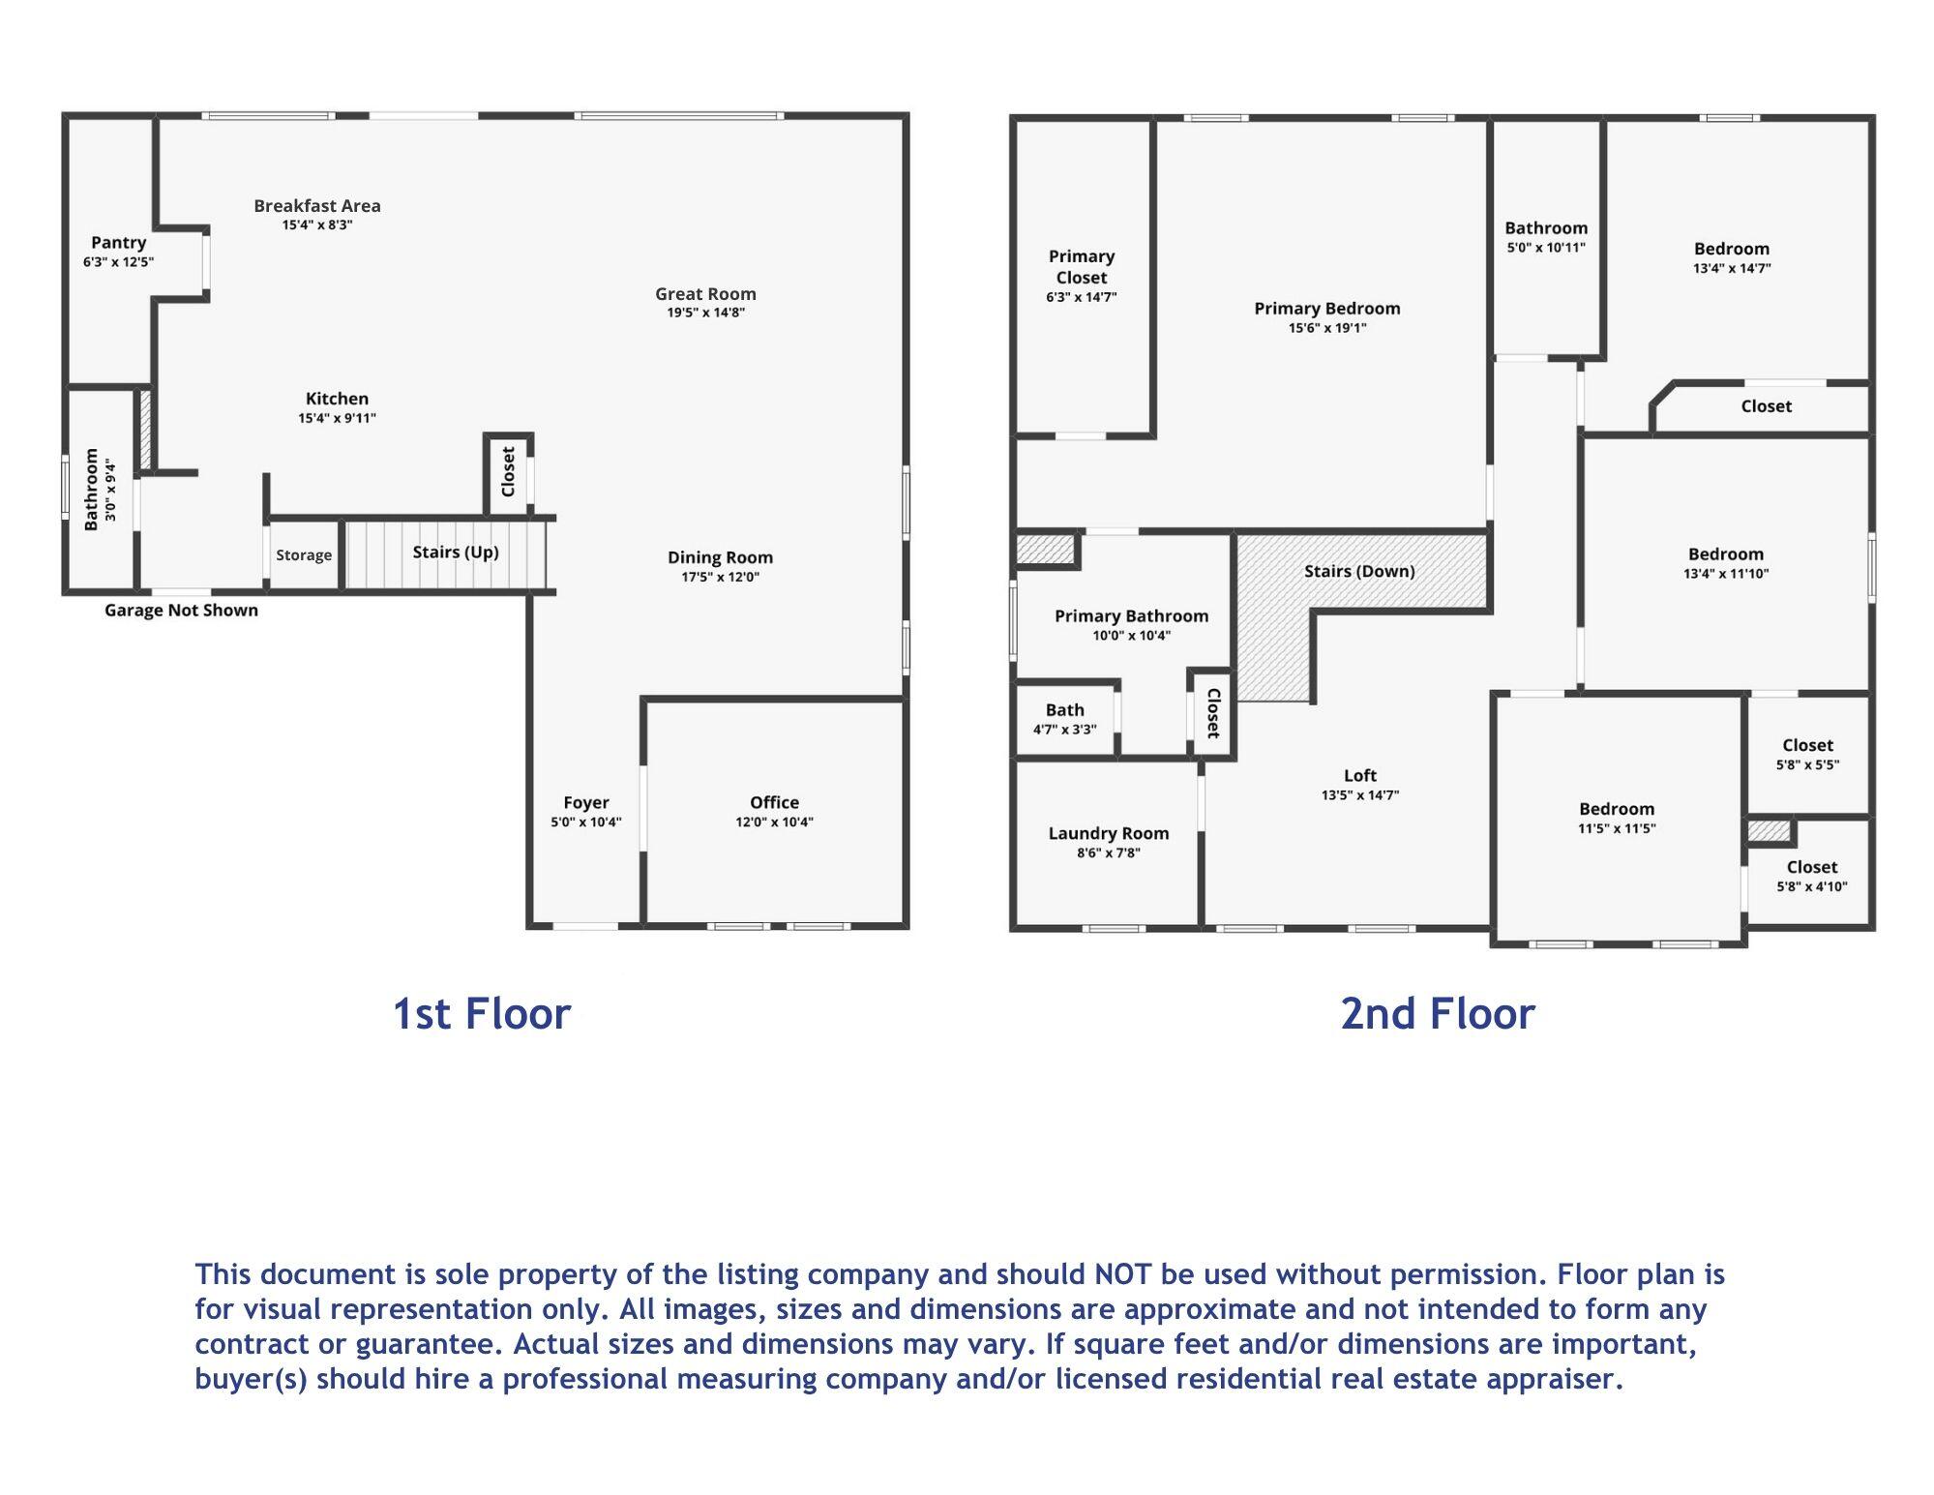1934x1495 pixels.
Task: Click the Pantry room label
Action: (x=119, y=243)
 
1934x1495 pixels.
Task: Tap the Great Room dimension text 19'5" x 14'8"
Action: (x=705, y=313)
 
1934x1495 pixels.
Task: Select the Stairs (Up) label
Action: (x=456, y=553)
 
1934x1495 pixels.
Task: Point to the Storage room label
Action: (x=304, y=555)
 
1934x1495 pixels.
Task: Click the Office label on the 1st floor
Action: (x=774, y=802)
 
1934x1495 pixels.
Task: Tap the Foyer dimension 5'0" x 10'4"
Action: (x=586, y=822)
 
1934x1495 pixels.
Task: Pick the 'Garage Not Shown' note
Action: (x=181, y=611)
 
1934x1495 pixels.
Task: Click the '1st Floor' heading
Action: (x=482, y=1013)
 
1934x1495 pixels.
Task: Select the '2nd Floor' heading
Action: (x=1438, y=1013)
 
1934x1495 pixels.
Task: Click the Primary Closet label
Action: (x=1082, y=267)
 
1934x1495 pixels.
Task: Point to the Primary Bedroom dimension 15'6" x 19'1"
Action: (x=1327, y=328)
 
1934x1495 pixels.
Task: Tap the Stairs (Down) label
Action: (x=1359, y=571)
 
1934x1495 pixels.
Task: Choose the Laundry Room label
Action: (x=1109, y=833)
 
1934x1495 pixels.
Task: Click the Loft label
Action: (x=1360, y=775)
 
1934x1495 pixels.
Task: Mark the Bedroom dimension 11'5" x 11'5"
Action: (x=1617, y=828)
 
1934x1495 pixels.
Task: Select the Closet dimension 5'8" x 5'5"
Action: (x=1808, y=764)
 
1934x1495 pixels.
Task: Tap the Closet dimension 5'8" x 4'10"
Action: (x=1812, y=886)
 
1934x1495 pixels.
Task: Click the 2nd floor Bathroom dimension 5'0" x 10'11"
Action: (x=1546, y=248)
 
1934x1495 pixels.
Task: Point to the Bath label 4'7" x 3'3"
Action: (x=1065, y=710)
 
